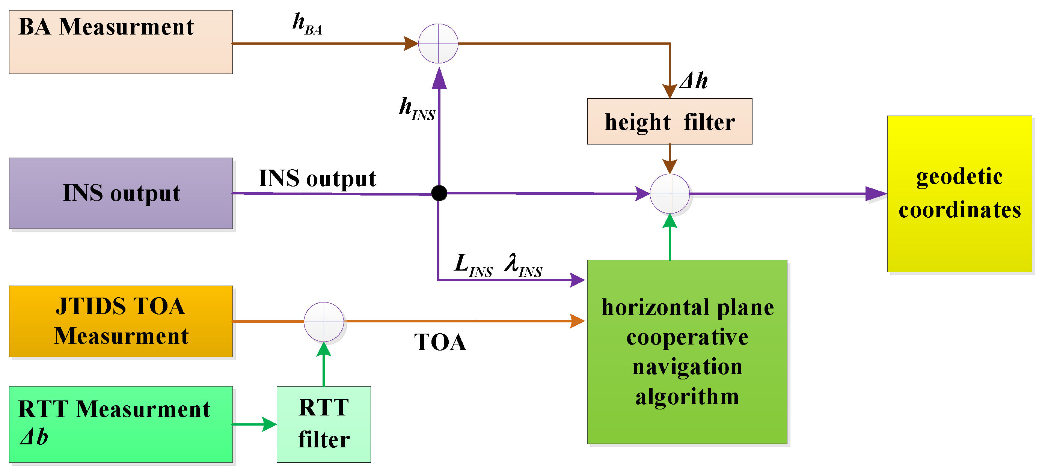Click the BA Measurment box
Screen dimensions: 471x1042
(x=121, y=42)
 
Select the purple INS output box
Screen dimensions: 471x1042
(x=121, y=193)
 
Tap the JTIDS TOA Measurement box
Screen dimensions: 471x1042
(x=121, y=321)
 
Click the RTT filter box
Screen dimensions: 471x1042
(x=324, y=424)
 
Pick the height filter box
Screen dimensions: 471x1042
(x=670, y=121)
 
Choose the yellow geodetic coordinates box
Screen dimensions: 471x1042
(x=959, y=193)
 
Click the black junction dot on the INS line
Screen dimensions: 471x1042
(x=439, y=193)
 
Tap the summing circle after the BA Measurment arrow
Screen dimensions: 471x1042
(x=438, y=43)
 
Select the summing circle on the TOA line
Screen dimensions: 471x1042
(x=324, y=322)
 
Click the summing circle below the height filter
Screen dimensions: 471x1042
(x=670, y=194)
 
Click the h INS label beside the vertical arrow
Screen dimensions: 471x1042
(x=417, y=108)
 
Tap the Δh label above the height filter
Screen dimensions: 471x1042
(x=693, y=80)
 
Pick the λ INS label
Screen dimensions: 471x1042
(x=523, y=265)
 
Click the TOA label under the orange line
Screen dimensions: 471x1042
(x=440, y=342)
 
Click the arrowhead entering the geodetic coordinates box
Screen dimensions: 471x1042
(x=876, y=194)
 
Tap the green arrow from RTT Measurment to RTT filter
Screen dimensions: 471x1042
(x=255, y=424)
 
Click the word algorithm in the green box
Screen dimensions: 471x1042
(x=687, y=397)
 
